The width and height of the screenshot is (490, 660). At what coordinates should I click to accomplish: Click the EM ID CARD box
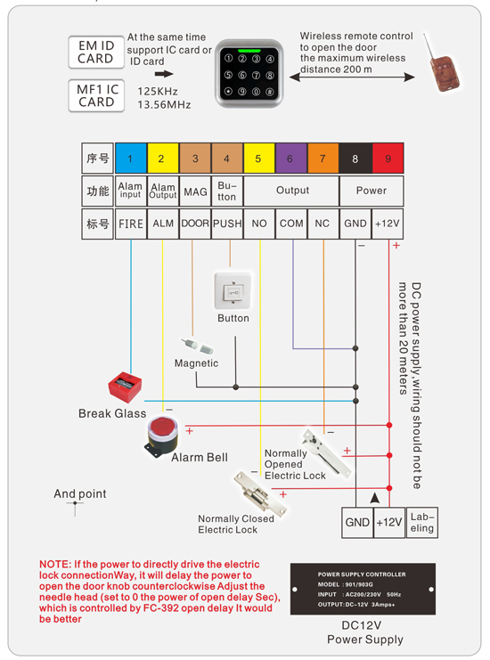(95, 52)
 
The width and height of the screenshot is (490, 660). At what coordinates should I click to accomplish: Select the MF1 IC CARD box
(95, 94)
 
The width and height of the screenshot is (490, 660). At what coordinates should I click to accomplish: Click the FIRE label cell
(130, 224)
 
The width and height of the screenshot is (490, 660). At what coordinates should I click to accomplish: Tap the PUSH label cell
(227, 224)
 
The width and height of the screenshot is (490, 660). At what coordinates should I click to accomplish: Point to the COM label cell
(290, 224)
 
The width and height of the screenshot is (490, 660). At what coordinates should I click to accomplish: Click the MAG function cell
(195, 191)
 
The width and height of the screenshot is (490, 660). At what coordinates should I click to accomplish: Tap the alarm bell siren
(161, 436)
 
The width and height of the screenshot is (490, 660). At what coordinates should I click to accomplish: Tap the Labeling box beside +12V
(422, 523)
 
